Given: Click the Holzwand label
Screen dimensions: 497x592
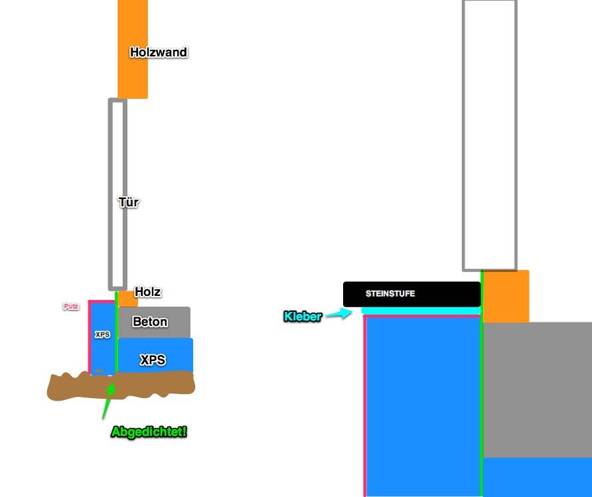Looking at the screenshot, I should tap(158, 52).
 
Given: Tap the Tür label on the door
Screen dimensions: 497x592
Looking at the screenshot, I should tap(128, 202).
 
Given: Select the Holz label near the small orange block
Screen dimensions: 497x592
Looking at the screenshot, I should tap(147, 291).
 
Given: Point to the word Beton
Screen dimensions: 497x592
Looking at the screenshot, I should tap(150, 322).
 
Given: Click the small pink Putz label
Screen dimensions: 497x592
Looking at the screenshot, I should tap(71, 307).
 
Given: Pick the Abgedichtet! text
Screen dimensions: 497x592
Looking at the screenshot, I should tap(149, 432).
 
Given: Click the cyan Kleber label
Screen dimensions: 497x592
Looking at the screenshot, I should tap(302, 317).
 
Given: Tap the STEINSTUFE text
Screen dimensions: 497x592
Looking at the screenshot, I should tap(390, 293).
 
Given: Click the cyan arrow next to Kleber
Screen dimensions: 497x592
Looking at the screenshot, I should tap(339, 315).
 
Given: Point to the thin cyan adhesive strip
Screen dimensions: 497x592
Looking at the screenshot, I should tap(421, 311).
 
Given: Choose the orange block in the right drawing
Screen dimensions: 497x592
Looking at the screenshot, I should tap(506, 296).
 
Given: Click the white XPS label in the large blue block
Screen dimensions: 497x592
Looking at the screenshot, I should tap(153, 360).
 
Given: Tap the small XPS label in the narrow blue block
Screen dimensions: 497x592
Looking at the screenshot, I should tap(102, 335).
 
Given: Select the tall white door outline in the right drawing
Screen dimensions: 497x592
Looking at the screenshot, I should tap(489, 133).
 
